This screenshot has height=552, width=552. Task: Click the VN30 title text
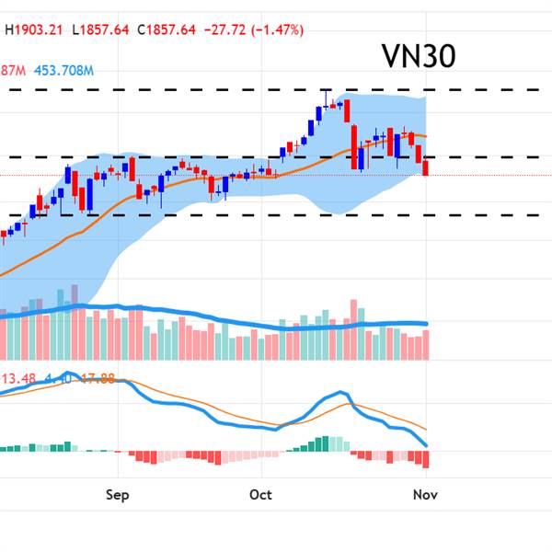[419, 57]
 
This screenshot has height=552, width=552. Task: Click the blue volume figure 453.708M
[65, 70]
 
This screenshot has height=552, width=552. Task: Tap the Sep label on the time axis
[117, 495]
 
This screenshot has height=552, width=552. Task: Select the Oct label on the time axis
[260, 495]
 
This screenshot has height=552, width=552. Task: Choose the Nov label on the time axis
[423, 495]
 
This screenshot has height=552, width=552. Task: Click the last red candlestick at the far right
[426, 167]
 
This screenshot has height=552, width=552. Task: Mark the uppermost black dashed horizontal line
[230, 90]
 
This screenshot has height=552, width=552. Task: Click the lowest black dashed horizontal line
[230, 214]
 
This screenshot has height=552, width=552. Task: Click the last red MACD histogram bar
[426, 458]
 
